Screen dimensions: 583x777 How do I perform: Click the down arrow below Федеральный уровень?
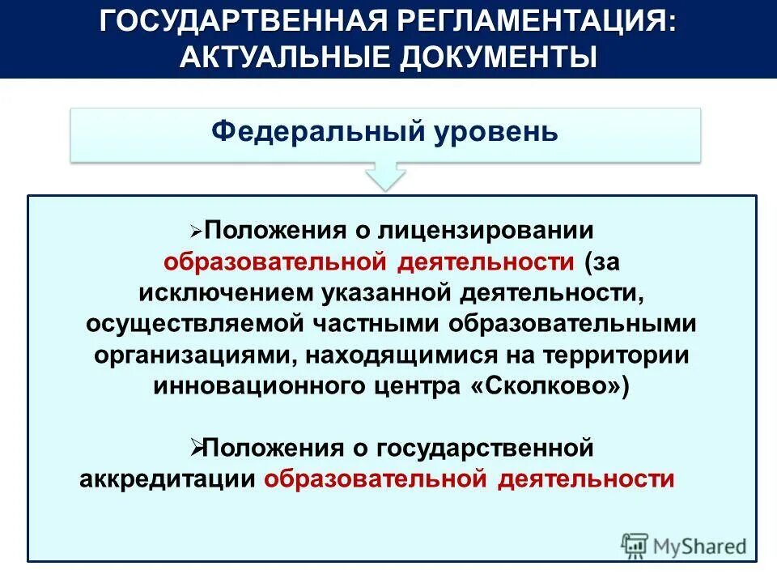[x=386, y=175]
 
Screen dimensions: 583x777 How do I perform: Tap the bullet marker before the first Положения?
[x=196, y=232]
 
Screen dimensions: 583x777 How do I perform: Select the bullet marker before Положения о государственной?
[x=196, y=445]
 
